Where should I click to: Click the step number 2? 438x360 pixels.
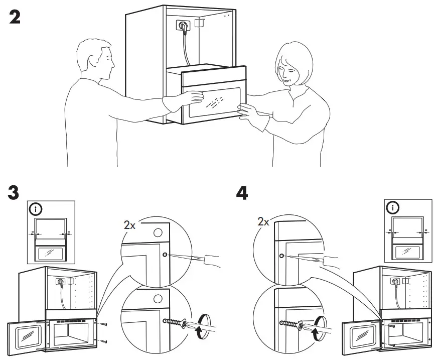[x=16, y=17]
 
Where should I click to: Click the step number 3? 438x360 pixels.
[x=15, y=192]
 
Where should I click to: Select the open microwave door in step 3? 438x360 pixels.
[x=26, y=336]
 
